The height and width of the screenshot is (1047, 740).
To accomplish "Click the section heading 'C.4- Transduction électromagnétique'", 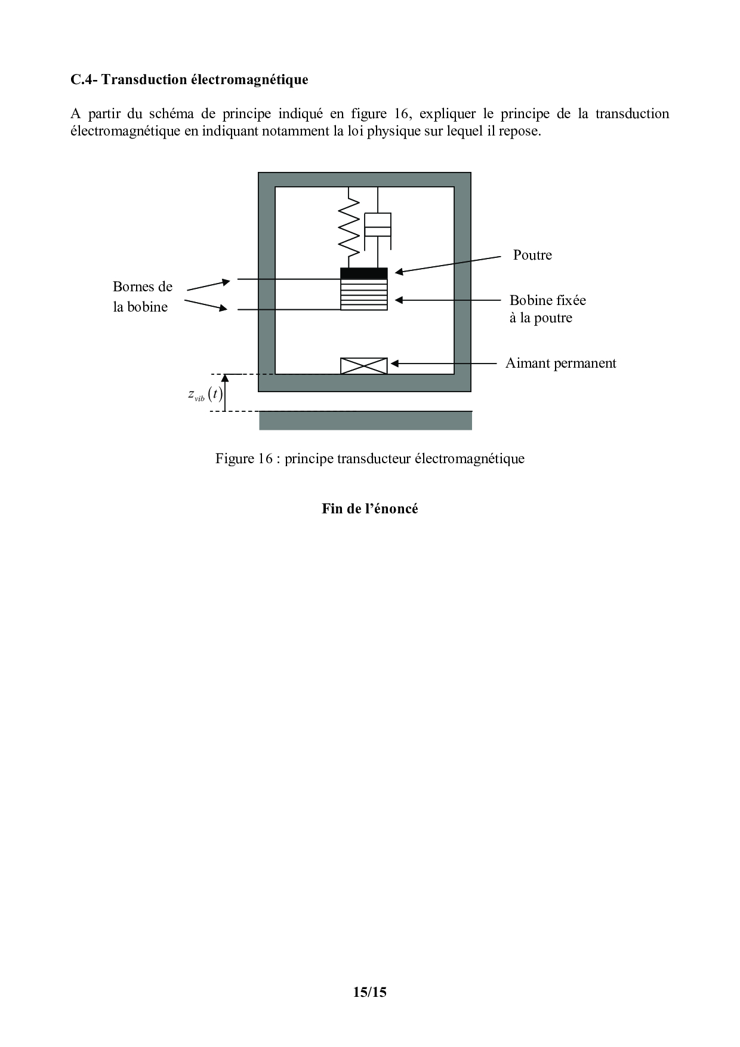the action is [x=189, y=79].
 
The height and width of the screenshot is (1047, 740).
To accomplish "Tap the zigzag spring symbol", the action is [x=349, y=227].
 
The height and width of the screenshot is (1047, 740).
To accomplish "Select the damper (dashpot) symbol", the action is [x=378, y=227].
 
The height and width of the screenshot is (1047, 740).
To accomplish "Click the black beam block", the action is [x=364, y=273].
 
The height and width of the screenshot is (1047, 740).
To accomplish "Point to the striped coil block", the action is [x=364, y=295].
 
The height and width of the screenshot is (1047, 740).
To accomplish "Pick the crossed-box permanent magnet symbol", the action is [x=364, y=366].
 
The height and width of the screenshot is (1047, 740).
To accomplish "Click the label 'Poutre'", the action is [x=532, y=255].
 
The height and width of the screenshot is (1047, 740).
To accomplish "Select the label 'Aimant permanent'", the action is [x=560, y=363].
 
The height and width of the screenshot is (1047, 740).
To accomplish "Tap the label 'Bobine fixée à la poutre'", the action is [x=547, y=309].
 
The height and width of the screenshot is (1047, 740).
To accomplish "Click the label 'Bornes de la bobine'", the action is [x=143, y=297].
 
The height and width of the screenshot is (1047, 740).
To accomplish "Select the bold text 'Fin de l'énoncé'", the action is [x=370, y=509].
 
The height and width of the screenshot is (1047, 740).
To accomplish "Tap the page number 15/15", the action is [x=370, y=992].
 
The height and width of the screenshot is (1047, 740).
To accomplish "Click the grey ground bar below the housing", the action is [x=365, y=420].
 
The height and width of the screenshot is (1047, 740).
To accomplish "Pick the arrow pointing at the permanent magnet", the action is [x=443, y=363].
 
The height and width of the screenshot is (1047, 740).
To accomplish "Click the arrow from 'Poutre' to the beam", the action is [x=448, y=265].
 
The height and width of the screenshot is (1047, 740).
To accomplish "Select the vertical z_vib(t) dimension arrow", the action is [x=225, y=393].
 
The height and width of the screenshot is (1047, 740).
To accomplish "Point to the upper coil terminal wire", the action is [x=289, y=279].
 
